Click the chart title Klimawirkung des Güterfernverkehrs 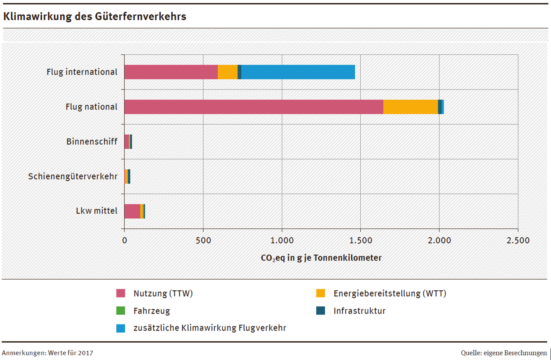click(x=95, y=17)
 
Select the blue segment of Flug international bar click(x=298, y=72)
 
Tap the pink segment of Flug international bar click(x=171, y=72)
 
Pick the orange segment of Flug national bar click(x=410, y=107)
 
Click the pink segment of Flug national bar click(x=253, y=107)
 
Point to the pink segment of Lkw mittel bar click(x=132, y=211)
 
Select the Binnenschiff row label click(x=92, y=142)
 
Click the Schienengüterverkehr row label click(x=73, y=176)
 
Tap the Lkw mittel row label click(x=97, y=211)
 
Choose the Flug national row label click(x=91, y=107)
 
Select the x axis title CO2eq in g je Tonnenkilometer click(x=321, y=258)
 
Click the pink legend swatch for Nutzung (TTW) click(x=121, y=294)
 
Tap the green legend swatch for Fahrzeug click(x=121, y=311)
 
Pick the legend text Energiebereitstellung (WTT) click(x=390, y=294)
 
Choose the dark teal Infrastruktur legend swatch click(x=320, y=311)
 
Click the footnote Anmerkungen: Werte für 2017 click(x=48, y=353)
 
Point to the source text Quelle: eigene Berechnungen click(x=503, y=353)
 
